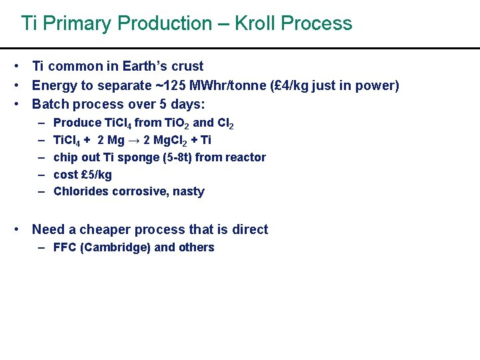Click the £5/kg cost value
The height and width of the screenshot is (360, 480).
(96, 175)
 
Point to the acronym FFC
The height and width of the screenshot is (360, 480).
(64, 247)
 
